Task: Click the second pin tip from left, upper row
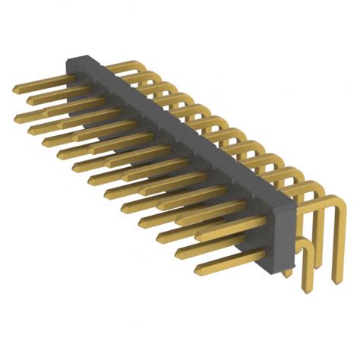pyautogui.click(x=30, y=99)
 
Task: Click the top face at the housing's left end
pyautogui.click(x=82, y=61)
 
